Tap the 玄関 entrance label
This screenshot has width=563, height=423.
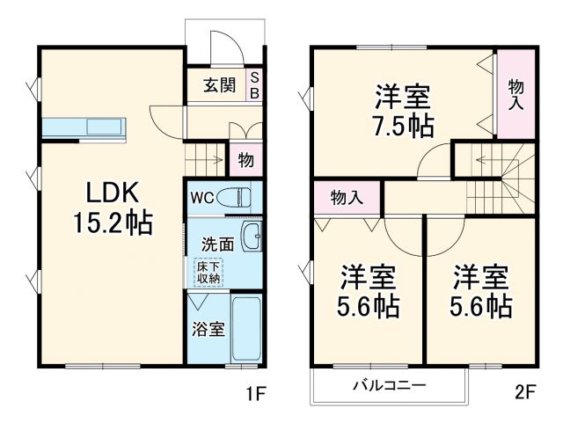point(219,85)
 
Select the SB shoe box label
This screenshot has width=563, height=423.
point(255,85)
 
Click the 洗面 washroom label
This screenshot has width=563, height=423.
point(216,242)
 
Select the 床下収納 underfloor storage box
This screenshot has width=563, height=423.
point(208,271)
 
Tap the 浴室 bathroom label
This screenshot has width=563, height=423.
point(208,330)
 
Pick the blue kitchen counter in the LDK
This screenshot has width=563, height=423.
point(85,128)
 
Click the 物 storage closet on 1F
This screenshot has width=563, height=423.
point(245,161)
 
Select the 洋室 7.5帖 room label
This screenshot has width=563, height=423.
point(402,110)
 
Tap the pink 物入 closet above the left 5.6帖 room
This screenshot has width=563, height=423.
point(347,197)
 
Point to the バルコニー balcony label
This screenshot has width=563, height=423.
point(390,385)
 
